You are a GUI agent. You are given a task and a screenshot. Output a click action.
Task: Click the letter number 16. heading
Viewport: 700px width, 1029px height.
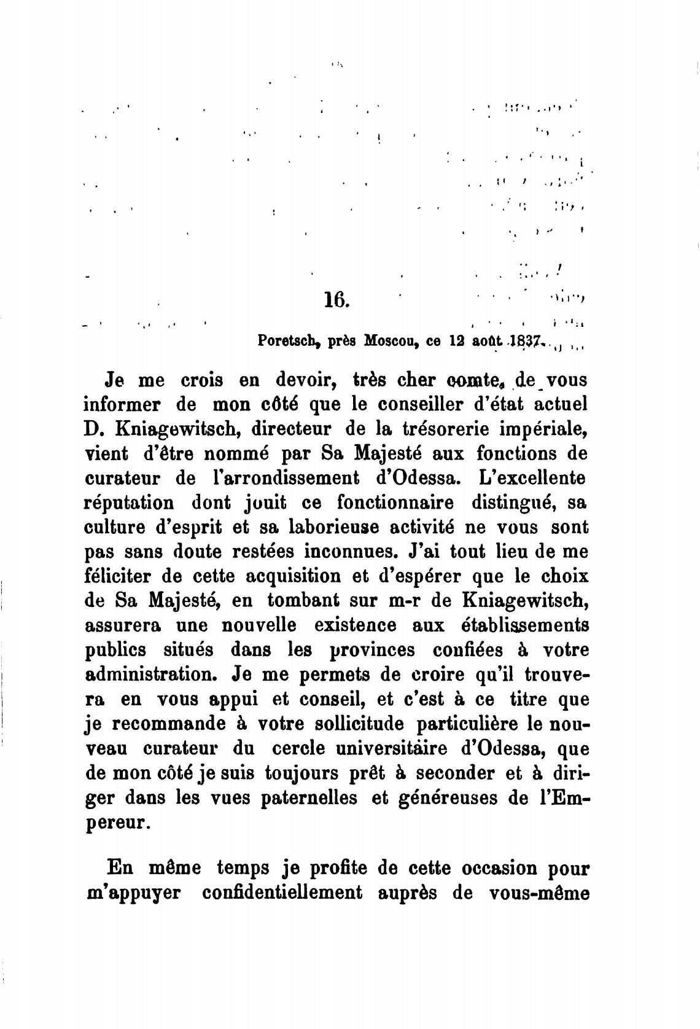pyautogui.click(x=336, y=299)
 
